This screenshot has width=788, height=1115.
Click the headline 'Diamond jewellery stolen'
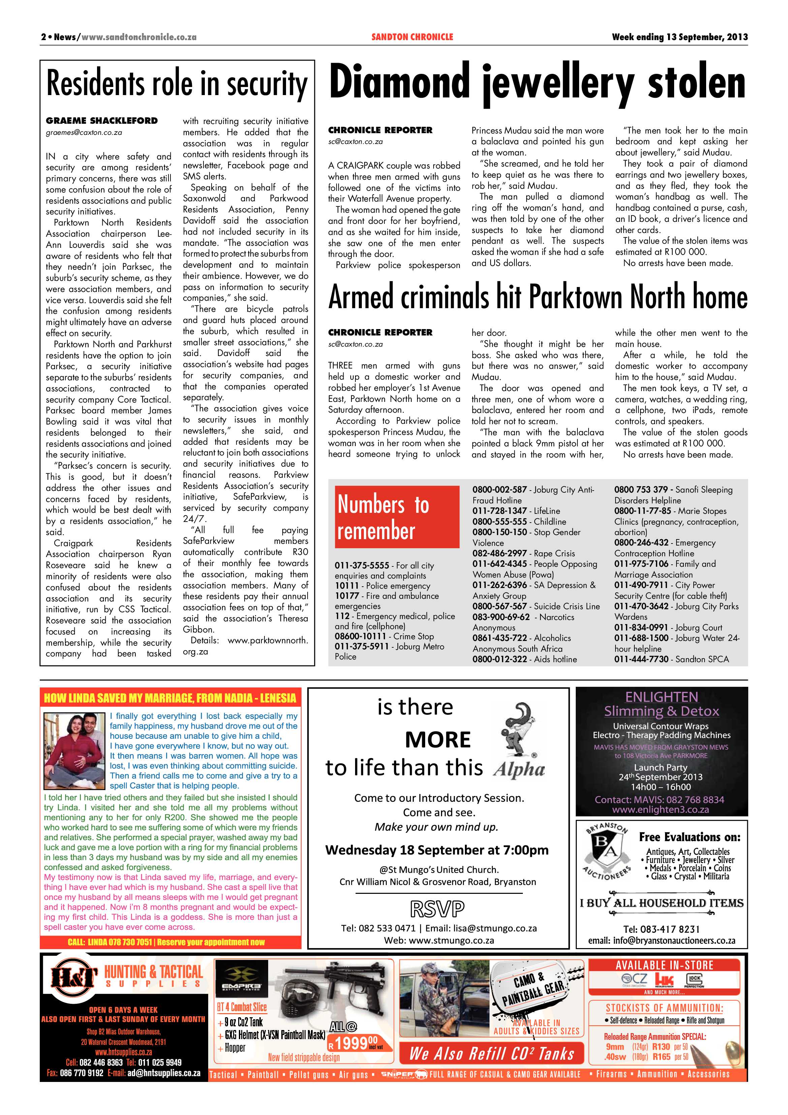pyautogui.click(x=537, y=84)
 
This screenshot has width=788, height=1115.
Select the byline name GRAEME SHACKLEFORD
pyautogui.click(x=102, y=120)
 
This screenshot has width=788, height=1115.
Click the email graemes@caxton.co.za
pyautogui.click(x=84, y=132)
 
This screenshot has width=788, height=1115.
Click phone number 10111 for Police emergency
pyautogui.click(x=346, y=586)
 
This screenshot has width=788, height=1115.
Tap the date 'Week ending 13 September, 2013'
pyautogui.click(x=679, y=37)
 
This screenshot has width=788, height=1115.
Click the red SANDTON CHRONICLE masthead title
pyautogui.click(x=412, y=37)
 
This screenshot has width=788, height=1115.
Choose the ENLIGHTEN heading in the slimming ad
pyautogui.click(x=661, y=697)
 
